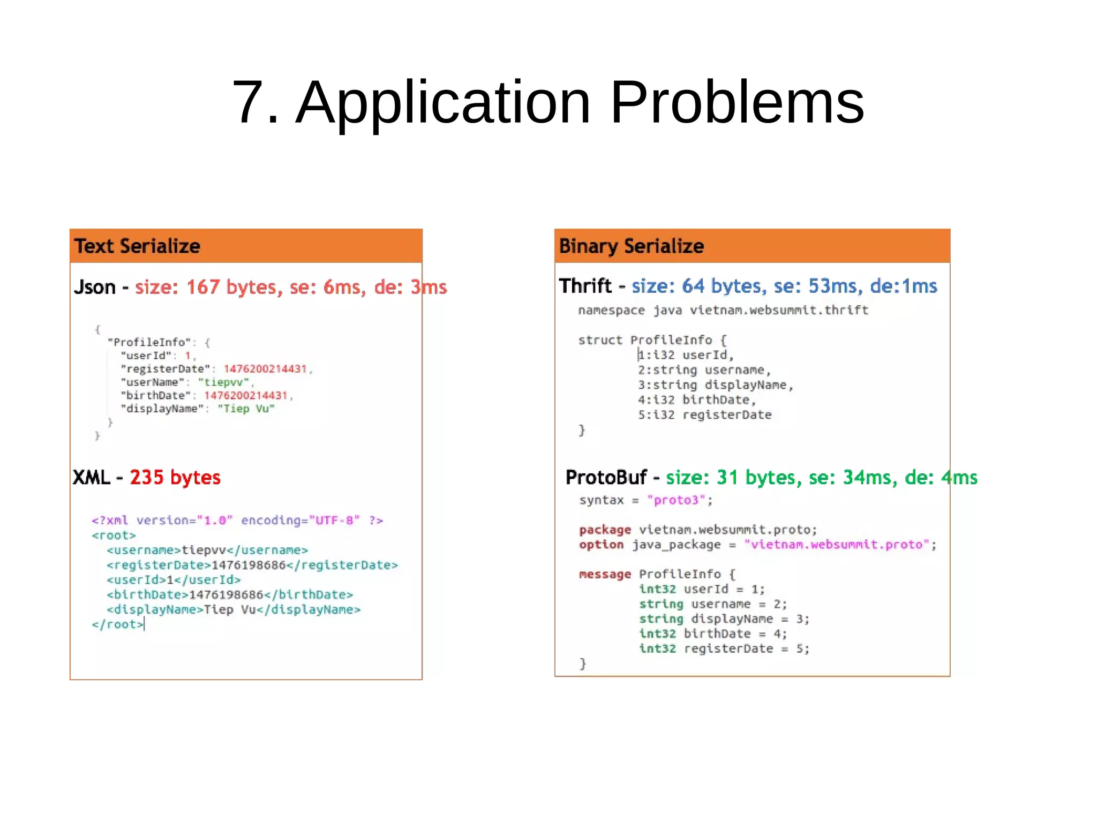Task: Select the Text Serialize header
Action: pos(137,246)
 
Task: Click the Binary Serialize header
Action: pos(631,246)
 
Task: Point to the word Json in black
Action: pos(95,288)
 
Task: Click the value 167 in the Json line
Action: pos(202,288)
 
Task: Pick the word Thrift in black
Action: pos(585,286)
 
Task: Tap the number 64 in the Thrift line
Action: pos(693,286)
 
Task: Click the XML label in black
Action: pos(91,477)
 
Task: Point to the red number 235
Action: pos(146,477)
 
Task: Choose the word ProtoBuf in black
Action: pos(606,477)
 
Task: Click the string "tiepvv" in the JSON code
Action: pos(224,382)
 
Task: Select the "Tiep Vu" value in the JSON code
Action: pos(246,409)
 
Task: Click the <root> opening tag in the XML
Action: pos(114,536)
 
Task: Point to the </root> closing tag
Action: pos(117,624)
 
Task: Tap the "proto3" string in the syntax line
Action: pos(676,500)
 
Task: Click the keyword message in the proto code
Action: pos(605,575)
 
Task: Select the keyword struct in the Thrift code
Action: pos(600,341)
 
